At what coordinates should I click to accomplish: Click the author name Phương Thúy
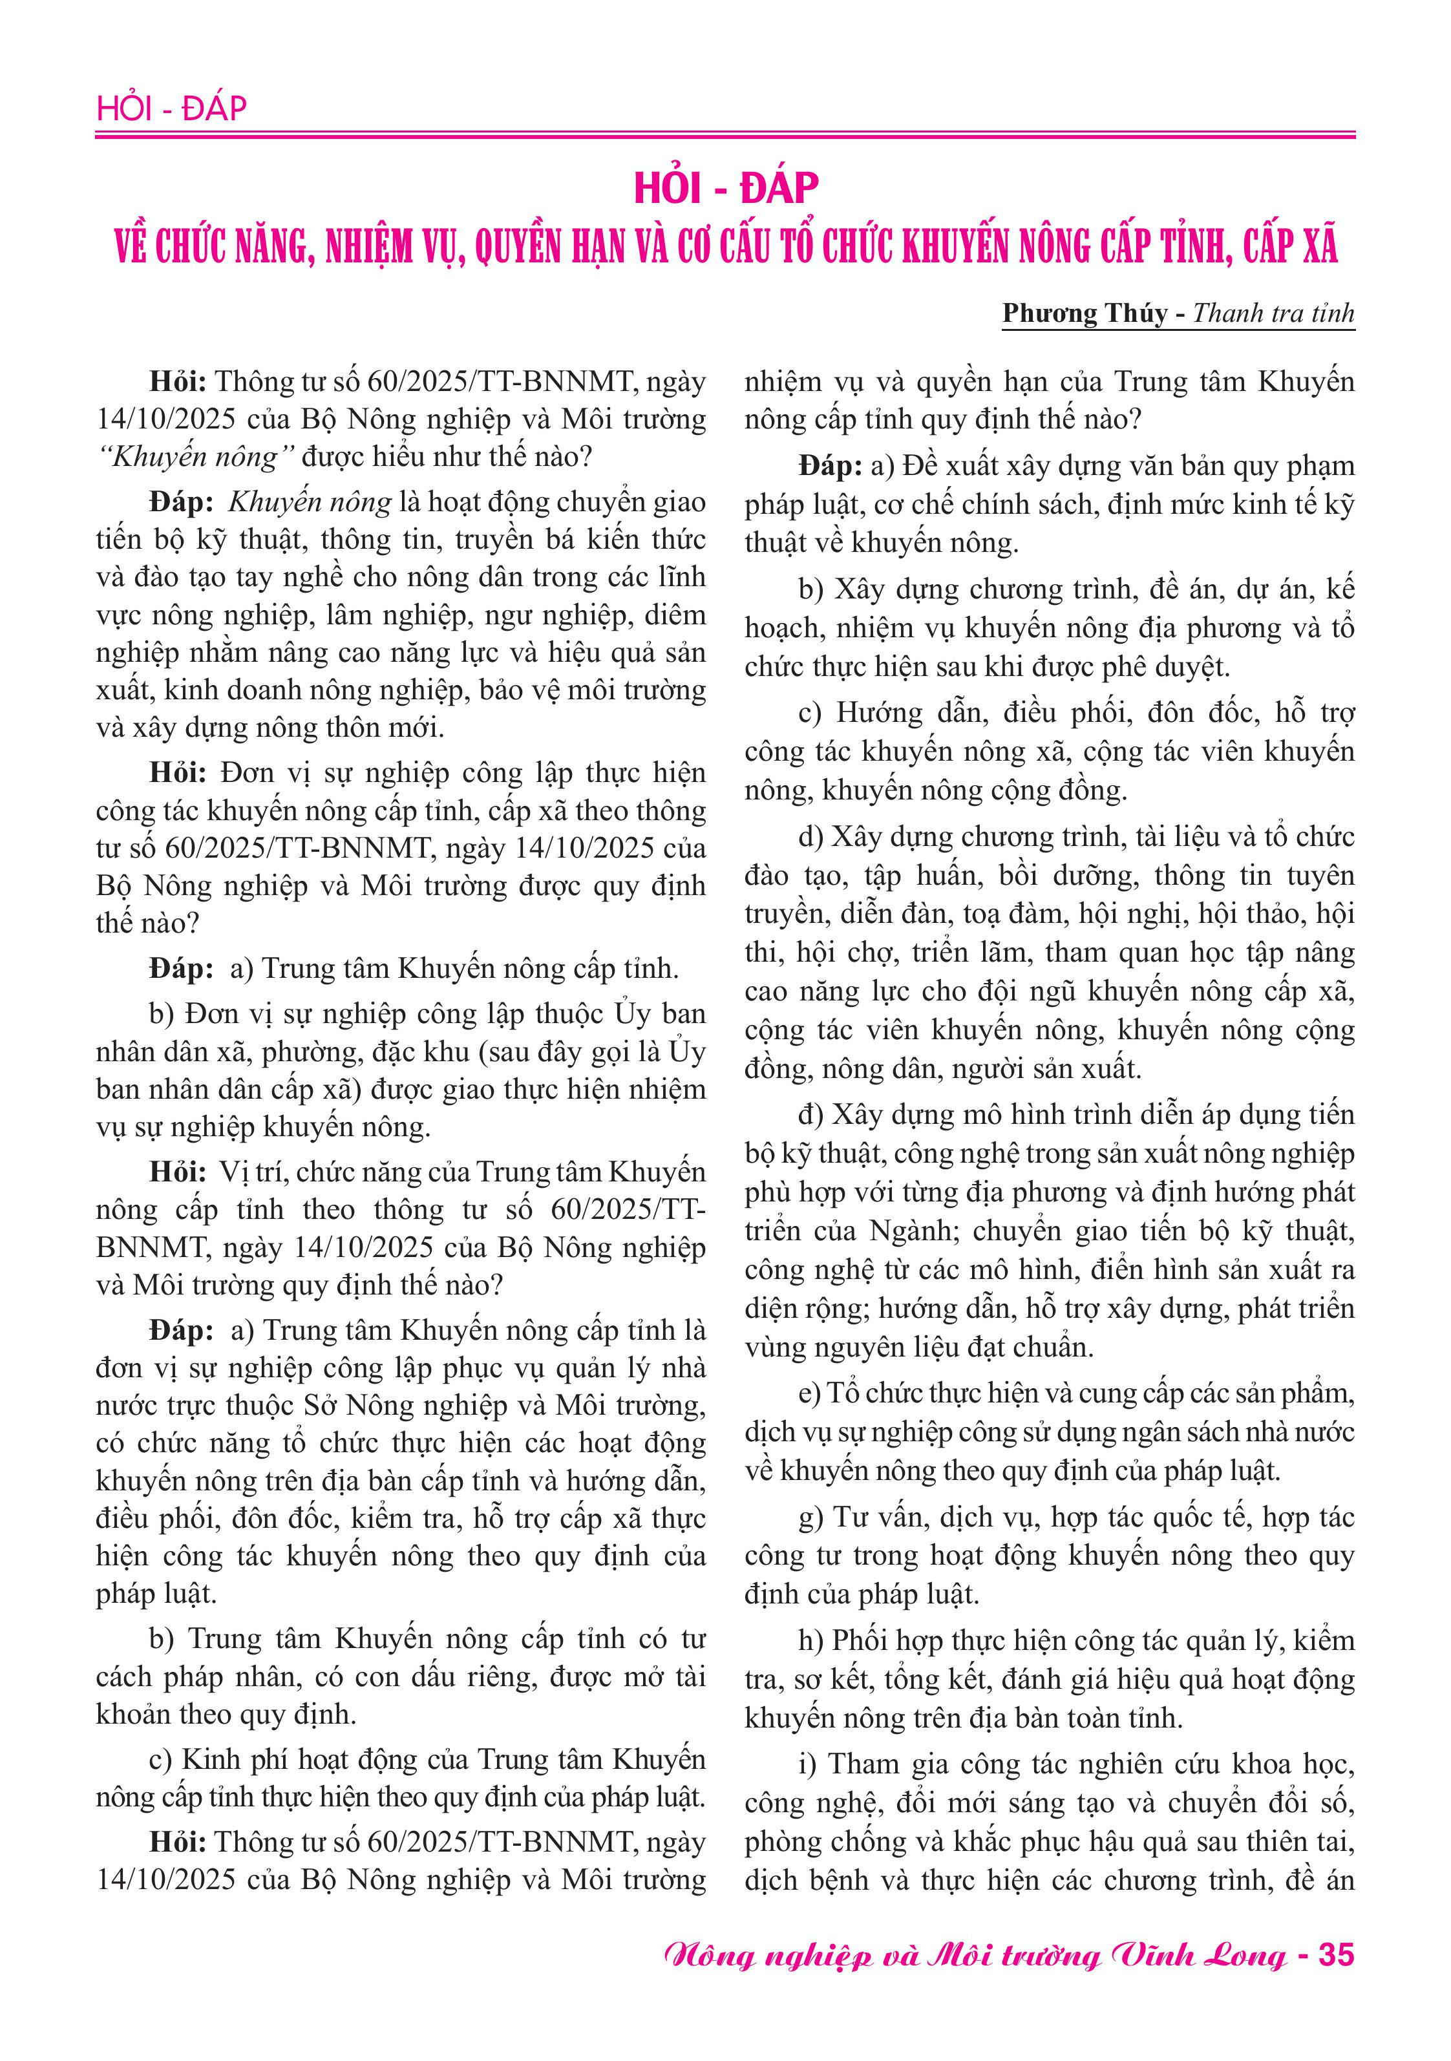pyautogui.click(x=1085, y=313)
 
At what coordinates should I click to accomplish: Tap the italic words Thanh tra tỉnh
pyautogui.click(x=1273, y=313)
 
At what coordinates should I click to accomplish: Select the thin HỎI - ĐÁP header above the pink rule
pyautogui.click(x=171, y=109)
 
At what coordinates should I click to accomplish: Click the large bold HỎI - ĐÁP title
pyautogui.click(x=725, y=187)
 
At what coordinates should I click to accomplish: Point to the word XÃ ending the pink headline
pyautogui.click(x=1315, y=247)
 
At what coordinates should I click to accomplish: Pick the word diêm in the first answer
pyautogui.click(x=675, y=615)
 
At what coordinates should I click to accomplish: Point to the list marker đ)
pyautogui.click(x=810, y=1114)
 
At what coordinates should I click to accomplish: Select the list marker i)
pyautogui.click(x=807, y=1763)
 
